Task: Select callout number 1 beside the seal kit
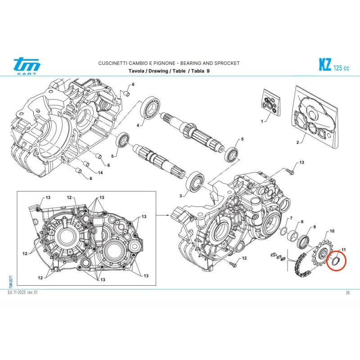click(262, 121)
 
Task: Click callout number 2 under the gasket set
click(297, 143)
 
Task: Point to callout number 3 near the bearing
click(181, 196)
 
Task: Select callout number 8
click(302, 222)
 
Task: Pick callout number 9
click(315, 227)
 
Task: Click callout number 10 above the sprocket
click(332, 231)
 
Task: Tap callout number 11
click(343, 250)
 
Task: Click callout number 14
click(100, 173)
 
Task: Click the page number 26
click(347, 293)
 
